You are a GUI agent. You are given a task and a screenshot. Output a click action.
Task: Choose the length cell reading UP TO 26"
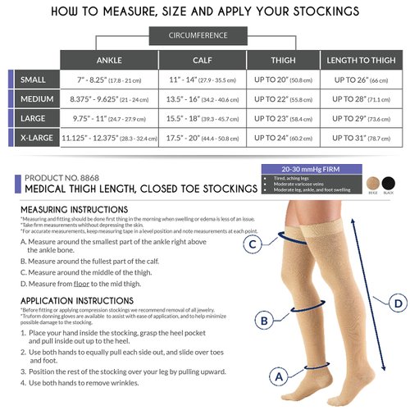(x=358, y=80)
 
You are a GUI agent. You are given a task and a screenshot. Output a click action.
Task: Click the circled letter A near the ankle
(x=279, y=377)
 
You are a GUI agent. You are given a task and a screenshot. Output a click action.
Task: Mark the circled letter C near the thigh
(x=254, y=244)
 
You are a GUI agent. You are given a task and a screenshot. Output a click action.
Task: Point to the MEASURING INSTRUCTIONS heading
(x=68, y=209)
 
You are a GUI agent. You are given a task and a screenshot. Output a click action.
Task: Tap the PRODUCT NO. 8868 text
(x=63, y=177)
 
